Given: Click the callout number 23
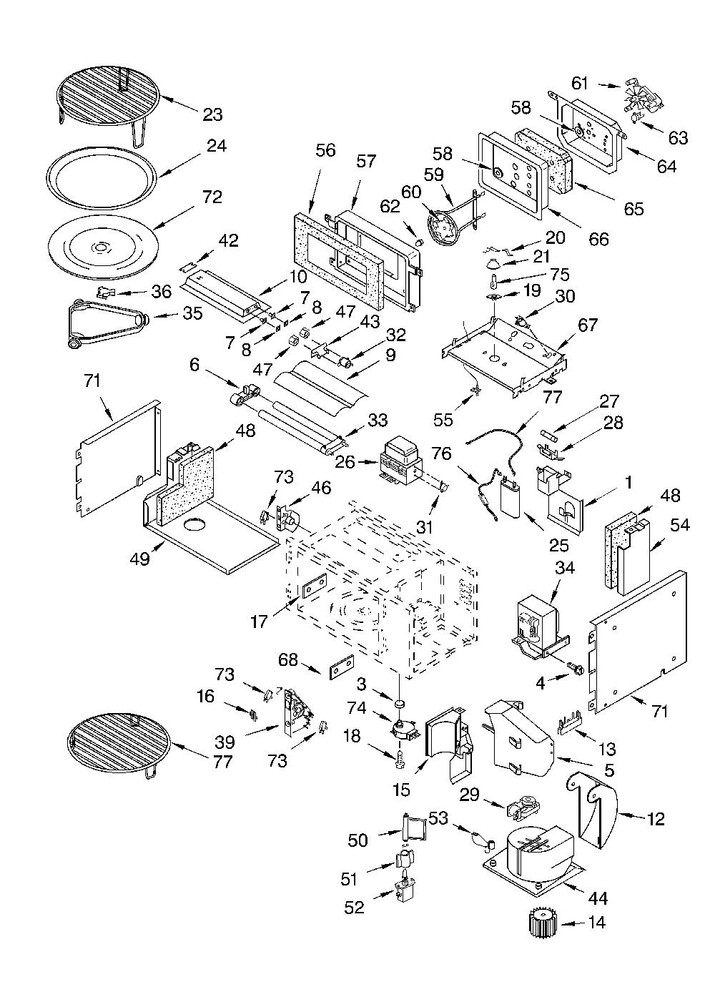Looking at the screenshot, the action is click(213, 114).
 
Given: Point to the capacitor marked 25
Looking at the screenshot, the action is click(511, 499).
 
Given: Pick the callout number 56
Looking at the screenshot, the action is click(325, 150).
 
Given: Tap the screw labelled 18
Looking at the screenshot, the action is click(400, 758).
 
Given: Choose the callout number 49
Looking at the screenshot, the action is click(139, 559).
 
